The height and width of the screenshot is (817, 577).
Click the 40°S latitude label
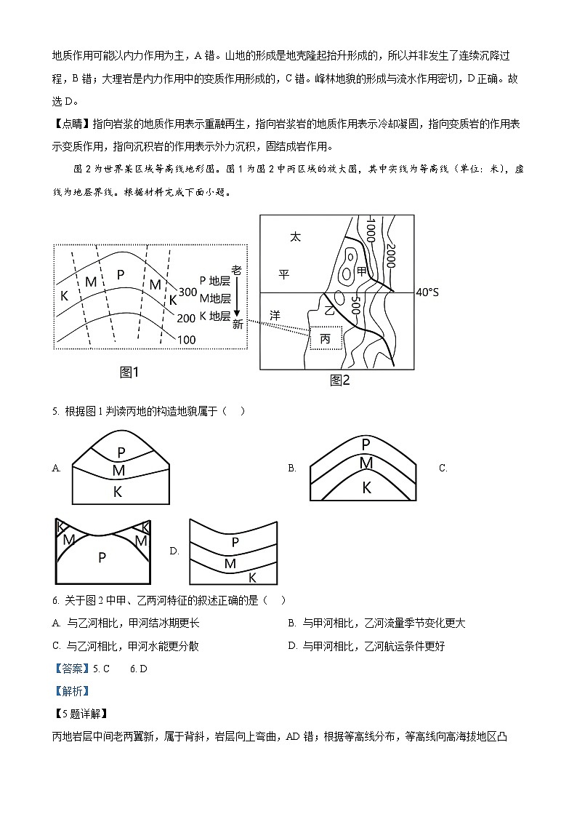click(427, 292)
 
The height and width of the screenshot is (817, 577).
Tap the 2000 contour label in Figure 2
click(390, 255)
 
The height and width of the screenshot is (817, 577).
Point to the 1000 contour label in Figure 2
click(370, 231)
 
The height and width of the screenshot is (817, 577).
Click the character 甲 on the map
click(361, 271)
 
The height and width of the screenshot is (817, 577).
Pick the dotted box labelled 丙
click(325, 338)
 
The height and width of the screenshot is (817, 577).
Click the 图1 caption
click(129, 372)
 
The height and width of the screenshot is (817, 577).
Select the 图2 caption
click(339, 380)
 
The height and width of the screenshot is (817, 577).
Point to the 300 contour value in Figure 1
click(187, 292)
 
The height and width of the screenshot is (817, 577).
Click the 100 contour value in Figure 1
click(187, 340)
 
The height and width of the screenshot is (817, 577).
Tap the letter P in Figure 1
click(121, 275)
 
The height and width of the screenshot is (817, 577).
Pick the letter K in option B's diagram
click(366, 488)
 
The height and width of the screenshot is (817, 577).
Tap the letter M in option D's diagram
click(230, 563)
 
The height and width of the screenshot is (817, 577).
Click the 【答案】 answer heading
click(70, 669)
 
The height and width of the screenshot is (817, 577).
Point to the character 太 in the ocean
click(294, 236)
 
